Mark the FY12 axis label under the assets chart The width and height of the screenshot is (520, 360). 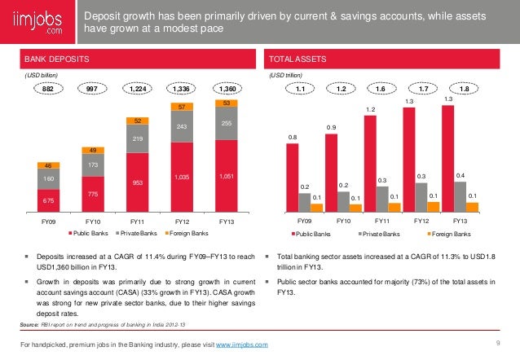(x=421, y=221)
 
